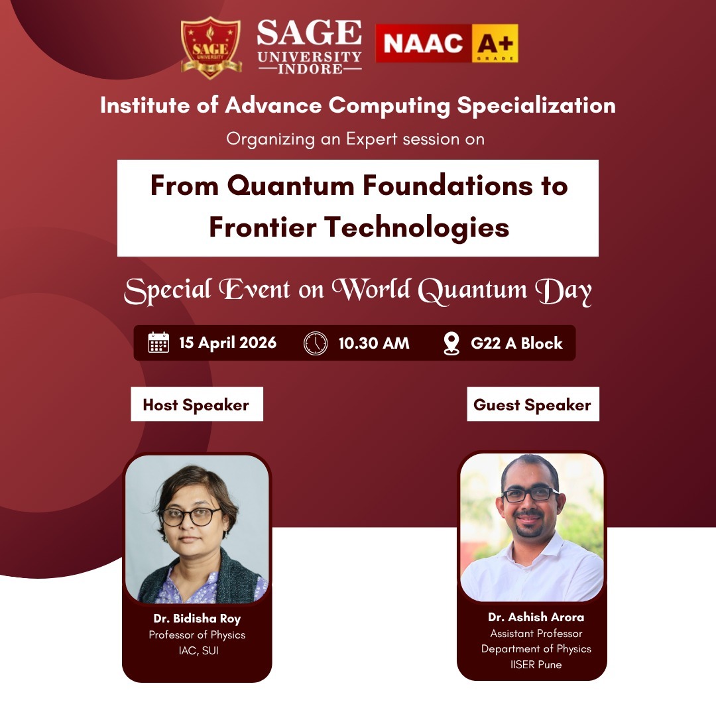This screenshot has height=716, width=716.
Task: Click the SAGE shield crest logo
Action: click(210, 47)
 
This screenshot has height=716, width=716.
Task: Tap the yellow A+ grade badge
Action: click(495, 44)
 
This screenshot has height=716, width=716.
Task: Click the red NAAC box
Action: click(424, 44)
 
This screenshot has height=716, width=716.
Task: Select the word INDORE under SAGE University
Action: click(310, 69)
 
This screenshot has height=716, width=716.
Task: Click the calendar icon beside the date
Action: click(158, 343)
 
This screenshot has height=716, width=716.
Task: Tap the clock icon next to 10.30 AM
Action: click(316, 343)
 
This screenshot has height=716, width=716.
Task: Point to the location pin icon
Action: click(451, 343)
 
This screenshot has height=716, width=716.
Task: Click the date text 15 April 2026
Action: click(227, 343)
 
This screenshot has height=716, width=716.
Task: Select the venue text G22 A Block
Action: click(516, 343)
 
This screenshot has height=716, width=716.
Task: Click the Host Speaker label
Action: click(196, 404)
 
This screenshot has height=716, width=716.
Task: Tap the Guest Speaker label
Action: click(532, 404)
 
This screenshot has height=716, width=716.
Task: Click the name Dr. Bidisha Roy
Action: click(197, 619)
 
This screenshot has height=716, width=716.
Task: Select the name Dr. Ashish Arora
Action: click(536, 617)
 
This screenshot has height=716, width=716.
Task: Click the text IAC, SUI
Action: click(197, 650)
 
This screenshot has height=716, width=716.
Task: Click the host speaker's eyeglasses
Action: click(192, 516)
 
